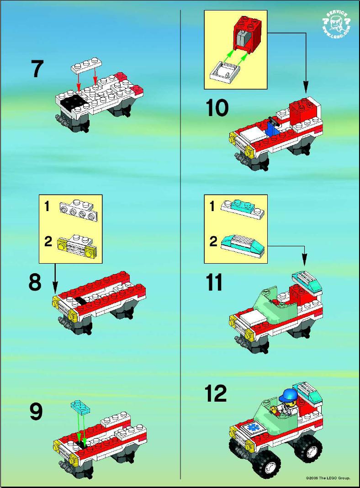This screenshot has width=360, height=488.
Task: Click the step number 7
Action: point(37,69)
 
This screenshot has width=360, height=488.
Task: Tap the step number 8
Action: point(35,282)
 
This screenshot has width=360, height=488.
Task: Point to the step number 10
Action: point(217,108)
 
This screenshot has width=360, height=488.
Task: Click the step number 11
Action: point(214,282)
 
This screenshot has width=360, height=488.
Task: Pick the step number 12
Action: point(216,393)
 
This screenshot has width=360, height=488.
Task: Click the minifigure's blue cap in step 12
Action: point(290,395)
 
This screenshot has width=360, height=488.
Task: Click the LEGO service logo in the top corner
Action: point(336,25)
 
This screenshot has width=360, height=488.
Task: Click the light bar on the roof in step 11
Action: point(307,281)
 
